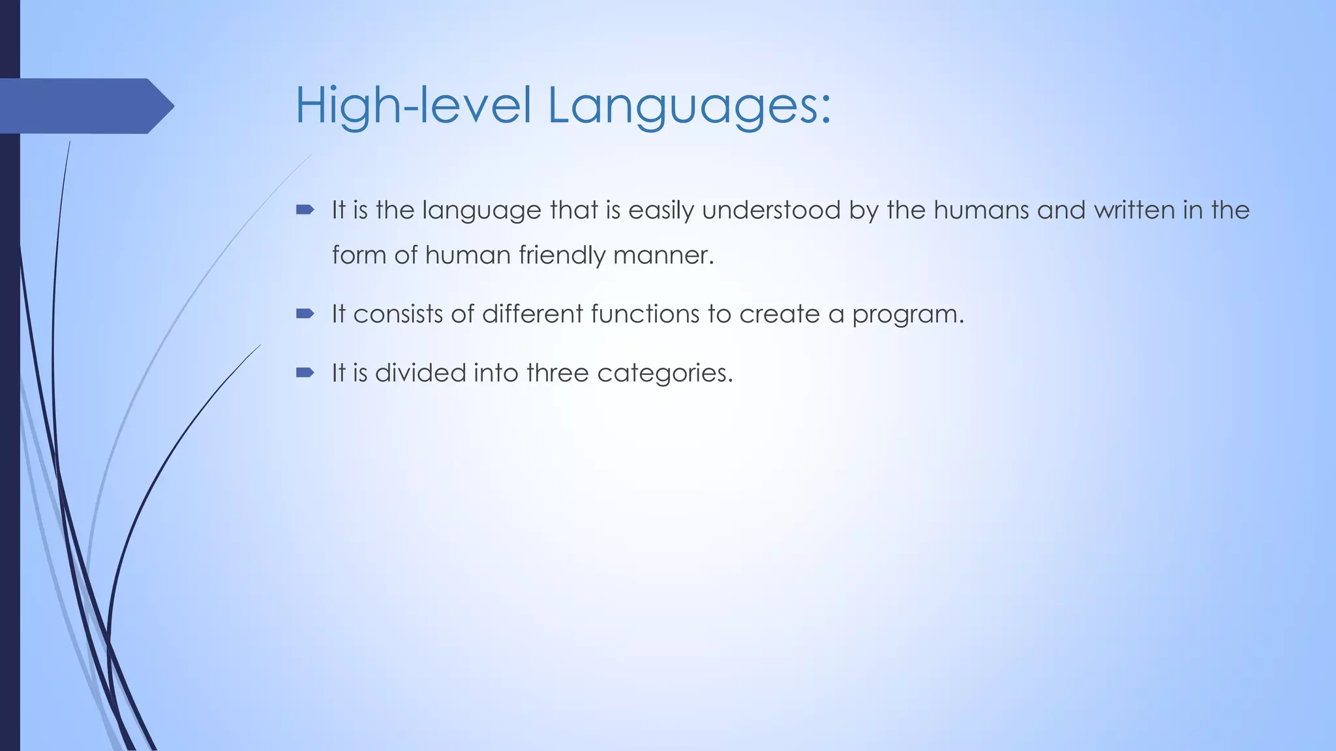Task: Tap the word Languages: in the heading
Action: pyautogui.click(x=689, y=106)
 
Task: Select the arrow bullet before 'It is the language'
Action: pyautogui.click(x=305, y=210)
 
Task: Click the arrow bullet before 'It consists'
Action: pyautogui.click(x=305, y=314)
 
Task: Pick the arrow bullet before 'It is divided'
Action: pyautogui.click(x=305, y=373)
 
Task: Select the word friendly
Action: pyautogui.click(x=562, y=255)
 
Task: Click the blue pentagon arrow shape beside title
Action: pyautogui.click(x=85, y=106)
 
